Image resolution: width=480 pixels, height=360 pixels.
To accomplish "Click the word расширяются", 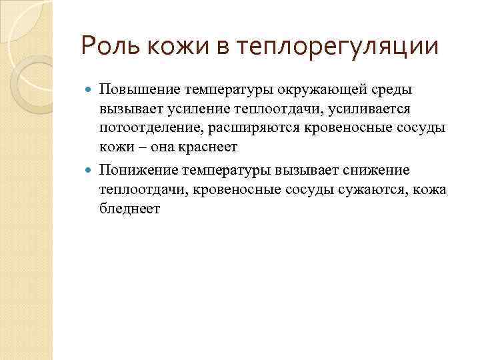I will pyautogui.click(x=250, y=127).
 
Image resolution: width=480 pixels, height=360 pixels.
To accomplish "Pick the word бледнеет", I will pyautogui.click(x=130, y=208).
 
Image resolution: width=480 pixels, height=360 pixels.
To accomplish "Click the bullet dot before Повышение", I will pyautogui.click(x=90, y=90).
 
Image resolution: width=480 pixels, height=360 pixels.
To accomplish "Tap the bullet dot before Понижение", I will pyautogui.click(x=90, y=171).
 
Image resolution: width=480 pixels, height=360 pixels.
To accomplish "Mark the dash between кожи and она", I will pyautogui.click(x=137, y=145).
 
